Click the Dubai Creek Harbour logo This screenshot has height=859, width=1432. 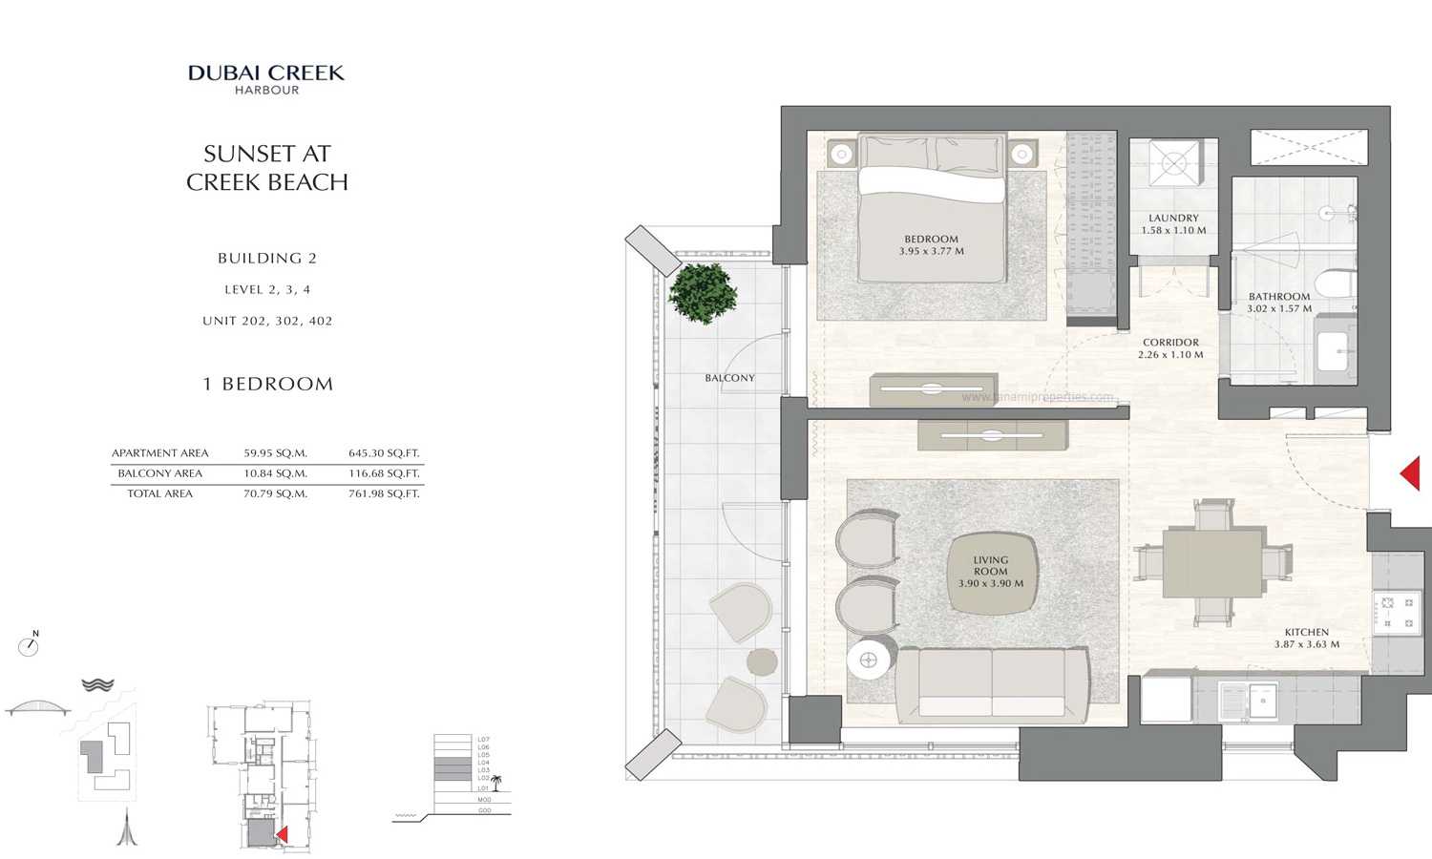[266, 78]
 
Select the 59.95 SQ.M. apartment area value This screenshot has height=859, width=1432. [275, 453]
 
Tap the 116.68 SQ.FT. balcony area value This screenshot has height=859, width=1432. [384, 473]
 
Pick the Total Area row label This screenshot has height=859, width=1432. [159, 493]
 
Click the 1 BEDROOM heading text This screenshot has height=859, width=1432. [268, 385]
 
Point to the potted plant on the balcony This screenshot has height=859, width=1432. [703, 292]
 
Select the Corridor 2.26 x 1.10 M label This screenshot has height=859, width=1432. [1170, 348]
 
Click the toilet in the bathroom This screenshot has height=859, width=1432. [1335, 283]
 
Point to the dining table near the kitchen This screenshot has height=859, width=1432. [1212, 563]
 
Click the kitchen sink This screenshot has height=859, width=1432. [1262, 702]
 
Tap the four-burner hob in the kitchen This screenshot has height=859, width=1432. [1397, 613]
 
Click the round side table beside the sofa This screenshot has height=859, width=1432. [870, 660]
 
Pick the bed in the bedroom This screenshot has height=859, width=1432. [932, 209]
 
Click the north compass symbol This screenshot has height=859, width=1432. [29, 646]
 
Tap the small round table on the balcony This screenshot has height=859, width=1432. [762, 660]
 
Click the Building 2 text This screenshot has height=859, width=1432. [267, 259]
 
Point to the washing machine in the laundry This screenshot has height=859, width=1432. [1172, 162]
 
